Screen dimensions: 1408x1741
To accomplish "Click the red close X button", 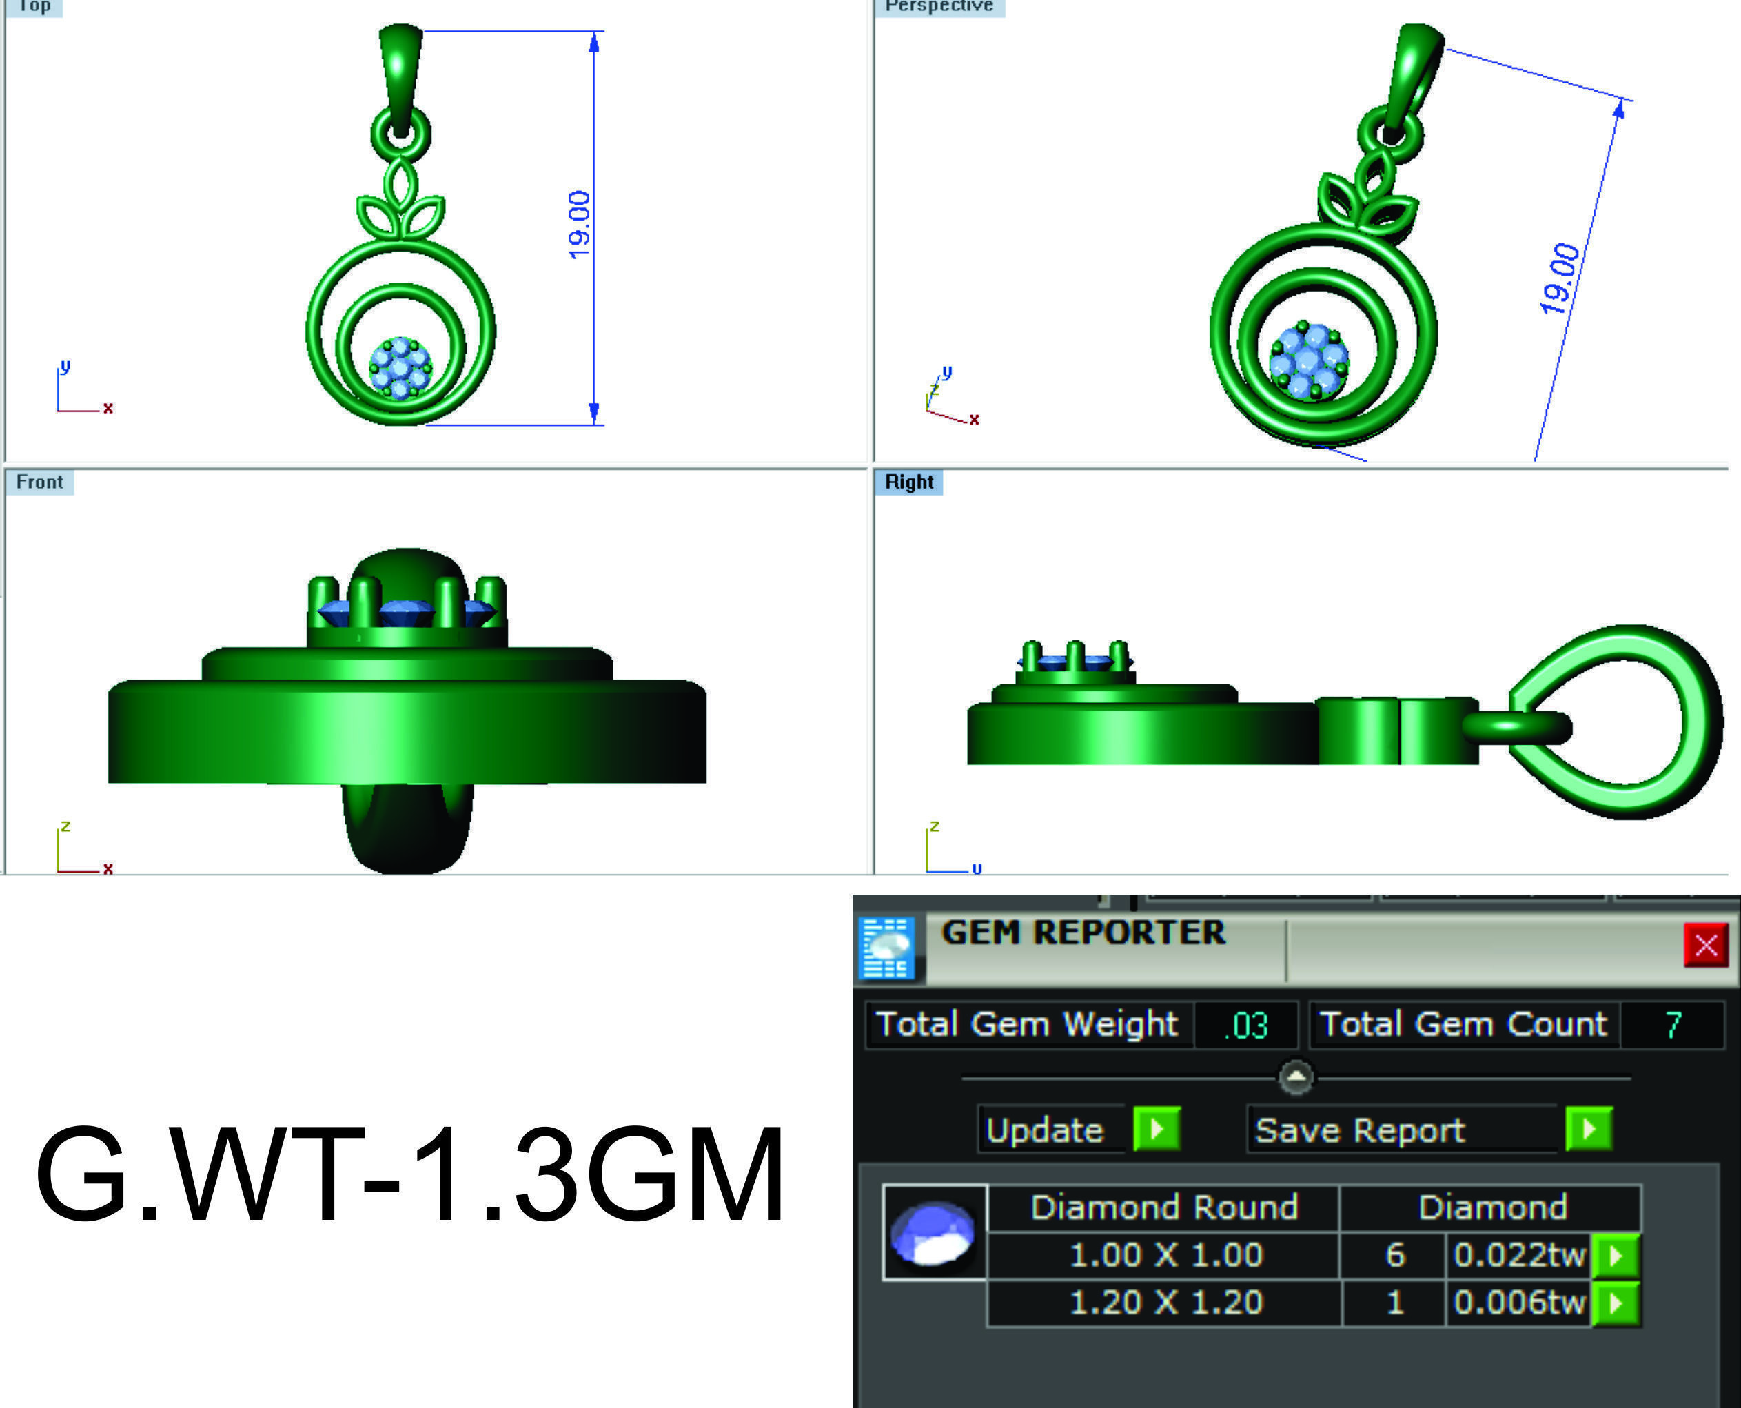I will point(1705,945).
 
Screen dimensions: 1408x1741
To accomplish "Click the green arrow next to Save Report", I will point(1589,1129).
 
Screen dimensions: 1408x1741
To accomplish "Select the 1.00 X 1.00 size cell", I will point(1165,1256).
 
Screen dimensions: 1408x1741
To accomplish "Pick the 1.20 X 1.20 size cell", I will point(1165,1303).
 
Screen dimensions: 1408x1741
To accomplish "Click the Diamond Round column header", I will point(1163,1207).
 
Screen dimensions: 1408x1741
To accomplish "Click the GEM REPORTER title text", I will point(1083,932).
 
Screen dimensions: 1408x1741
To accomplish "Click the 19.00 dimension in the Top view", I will point(578,225).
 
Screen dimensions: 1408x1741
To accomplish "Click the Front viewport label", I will point(39,482).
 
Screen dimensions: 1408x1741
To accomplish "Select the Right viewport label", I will point(909,482).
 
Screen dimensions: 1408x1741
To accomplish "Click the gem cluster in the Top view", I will point(400,368).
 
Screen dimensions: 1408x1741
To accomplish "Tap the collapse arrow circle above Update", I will point(1296,1078).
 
